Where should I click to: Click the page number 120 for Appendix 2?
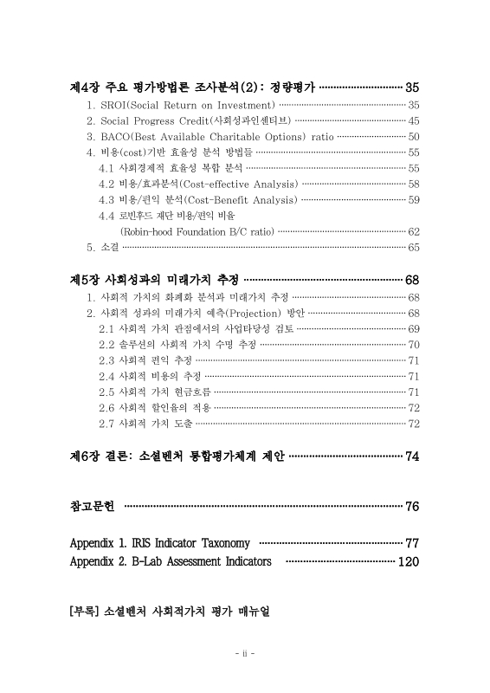click(408, 562)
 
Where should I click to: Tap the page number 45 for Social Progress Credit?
click(414, 120)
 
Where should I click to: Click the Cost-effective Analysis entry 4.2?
click(198, 184)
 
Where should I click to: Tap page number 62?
click(414, 231)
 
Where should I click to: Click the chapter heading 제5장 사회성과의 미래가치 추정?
click(153, 281)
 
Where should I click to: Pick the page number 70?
click(414, 344)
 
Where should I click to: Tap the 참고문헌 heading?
click(92, 506)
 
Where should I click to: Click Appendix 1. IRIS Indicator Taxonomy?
click(159, 543)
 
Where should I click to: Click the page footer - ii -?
click(244, 652)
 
